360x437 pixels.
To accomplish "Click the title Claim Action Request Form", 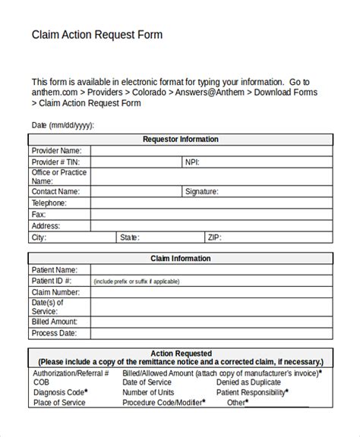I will (96, 35).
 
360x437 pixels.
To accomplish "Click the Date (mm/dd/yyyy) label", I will (63, 125).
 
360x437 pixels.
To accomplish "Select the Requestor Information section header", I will (180, 140).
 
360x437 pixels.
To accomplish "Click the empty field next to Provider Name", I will (210, 151).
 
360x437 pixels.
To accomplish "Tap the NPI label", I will (193, 162).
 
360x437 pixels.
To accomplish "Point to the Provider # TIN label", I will (55, 162).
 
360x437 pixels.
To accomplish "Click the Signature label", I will (201, 192).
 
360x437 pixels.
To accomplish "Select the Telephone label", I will (49, 203).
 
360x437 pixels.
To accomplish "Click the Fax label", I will (38, 215).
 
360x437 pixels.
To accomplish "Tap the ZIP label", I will (215, 237).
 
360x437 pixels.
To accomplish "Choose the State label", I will (128, 237).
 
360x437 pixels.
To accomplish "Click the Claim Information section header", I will (180, 259).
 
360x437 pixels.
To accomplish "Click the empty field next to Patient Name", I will (210, 270).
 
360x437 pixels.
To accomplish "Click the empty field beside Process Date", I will (210, 333).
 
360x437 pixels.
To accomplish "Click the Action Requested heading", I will (180, 354).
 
